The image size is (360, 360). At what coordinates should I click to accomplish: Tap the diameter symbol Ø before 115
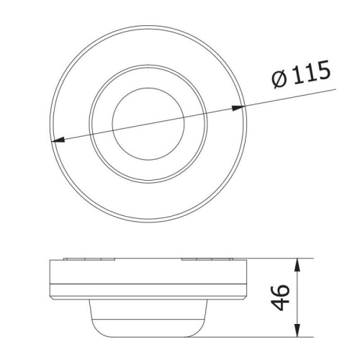280,79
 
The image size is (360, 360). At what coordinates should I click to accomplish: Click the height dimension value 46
280,297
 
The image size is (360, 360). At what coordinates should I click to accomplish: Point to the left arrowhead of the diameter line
58,140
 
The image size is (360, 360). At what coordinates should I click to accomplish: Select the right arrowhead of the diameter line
238,108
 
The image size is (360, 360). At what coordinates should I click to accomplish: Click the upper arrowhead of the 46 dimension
297,265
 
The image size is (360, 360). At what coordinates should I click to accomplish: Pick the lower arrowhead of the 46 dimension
297,330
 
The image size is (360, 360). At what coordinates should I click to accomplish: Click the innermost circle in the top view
148,88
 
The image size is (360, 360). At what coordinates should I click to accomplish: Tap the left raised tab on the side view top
89,259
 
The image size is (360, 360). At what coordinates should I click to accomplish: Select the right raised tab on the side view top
207,259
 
